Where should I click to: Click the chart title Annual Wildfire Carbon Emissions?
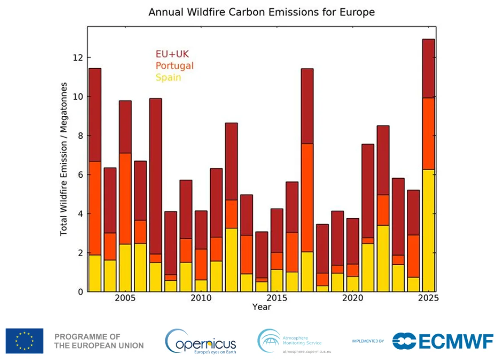pyautogui.click(x=262, y=12)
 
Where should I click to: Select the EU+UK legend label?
pyautogui.click(x=172, y=54)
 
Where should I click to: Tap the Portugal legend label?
pyautogui.click(x=175, y=66)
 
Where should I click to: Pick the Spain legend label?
pyautogui.click(x=168, y=77)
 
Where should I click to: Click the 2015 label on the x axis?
pyautogui.click(x=277, y=299)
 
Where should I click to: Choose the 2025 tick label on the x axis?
pyautogui.click(x=428, y=299)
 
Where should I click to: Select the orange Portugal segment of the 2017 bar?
pyautogui.click(x=307, y=198)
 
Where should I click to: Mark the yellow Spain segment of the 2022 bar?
pyautogui.click(x=383, y=258)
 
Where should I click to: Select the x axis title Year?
pyautogui.click(x=261, y=307)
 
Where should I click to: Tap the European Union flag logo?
pyautogui.click(x=25, y=341)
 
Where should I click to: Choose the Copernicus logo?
pyautogui.click(x=201, y=341)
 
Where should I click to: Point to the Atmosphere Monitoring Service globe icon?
pyautogui.click(x=268, y=340)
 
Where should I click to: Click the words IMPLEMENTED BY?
pyautogui.click(x=368, y=341)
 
